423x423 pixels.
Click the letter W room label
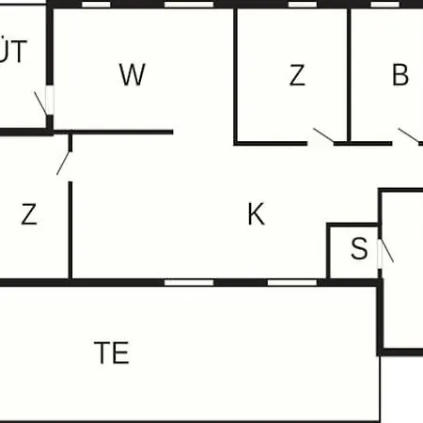point(133,74)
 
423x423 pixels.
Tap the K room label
point(257,214)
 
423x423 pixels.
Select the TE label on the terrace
point(112,352)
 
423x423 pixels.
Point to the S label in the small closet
point(359,248)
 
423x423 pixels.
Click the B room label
point(400,74)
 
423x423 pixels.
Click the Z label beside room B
point(297,74)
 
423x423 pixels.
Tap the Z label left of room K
point(29,214)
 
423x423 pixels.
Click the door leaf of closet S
point(387,251)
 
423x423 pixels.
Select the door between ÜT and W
point(40,103)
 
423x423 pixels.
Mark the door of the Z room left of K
point(64,163)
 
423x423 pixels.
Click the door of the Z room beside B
point(323,135)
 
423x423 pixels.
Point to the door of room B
point(409,135)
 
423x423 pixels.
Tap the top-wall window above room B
point(385,5)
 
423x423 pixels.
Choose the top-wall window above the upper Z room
point(303,5)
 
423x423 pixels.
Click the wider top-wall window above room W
point(189,5)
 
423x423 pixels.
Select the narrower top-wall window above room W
point(96,5)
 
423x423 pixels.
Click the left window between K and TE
point(189,283)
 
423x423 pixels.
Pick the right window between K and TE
point(292,283)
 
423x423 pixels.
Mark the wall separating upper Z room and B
point(349,75)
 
